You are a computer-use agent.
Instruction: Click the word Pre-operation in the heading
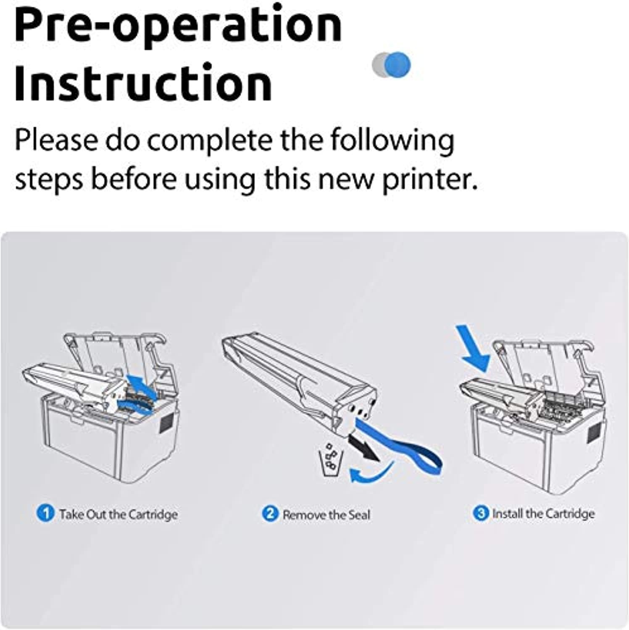[178, 26]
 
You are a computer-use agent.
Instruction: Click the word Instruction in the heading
[143, 82]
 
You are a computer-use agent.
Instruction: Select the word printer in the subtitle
[429, 179]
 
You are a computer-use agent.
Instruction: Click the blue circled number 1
[45, 513]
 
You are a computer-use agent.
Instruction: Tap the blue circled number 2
[270, 514]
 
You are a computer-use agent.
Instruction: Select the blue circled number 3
[481, 513]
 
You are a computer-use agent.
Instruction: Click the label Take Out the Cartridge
[118, 514]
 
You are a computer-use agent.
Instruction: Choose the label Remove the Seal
[326, 514]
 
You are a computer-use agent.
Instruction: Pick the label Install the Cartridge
[543, 514]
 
